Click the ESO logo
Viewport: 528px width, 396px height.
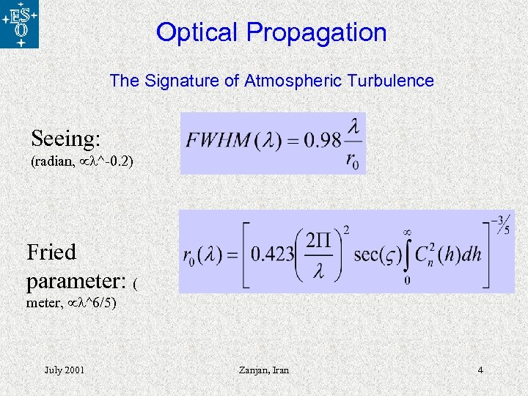(x=21, y=25)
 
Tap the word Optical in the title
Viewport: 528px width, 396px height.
(x=197, y=32)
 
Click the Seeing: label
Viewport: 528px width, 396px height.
(x=66, y=138)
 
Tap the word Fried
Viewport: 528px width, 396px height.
(x=51, y=252)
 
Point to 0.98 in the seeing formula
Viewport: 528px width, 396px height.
(x=323, y=140)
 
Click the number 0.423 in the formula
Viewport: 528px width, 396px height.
(x=272, y=254)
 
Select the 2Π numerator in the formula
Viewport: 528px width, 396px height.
(x=318, y=239)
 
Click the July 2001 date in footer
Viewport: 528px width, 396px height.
(x=64, y=370)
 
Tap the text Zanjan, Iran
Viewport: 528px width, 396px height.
(x=264, y=370)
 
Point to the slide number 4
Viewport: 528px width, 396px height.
(x=480, y=370)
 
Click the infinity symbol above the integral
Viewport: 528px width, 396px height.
(x=408, y=232)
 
